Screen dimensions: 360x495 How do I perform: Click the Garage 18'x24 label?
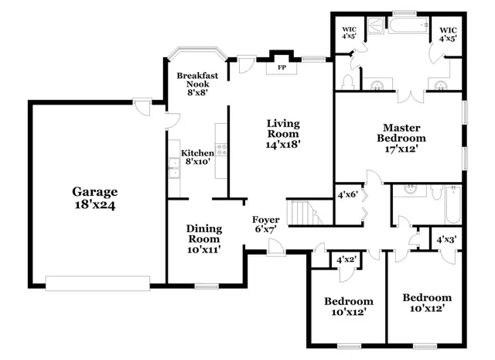(95, 198)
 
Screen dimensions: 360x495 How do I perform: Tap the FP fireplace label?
(282, 67)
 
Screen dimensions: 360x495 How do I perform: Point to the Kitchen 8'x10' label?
(196, 158)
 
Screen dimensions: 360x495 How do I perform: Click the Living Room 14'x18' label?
(283, 133)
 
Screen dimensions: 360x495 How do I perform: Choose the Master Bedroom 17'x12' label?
(401, 137)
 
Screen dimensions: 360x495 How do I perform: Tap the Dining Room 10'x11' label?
(204, 238)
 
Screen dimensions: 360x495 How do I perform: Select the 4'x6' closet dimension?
(347, 195)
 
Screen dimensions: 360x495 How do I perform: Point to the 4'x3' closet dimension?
(446, 240)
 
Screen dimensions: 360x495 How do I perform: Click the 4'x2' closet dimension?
(345, 260)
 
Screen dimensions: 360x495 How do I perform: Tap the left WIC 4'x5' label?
(349, 33)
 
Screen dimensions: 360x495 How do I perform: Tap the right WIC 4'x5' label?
(449, 33)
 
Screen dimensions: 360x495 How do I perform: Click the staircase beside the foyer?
(304, 212)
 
